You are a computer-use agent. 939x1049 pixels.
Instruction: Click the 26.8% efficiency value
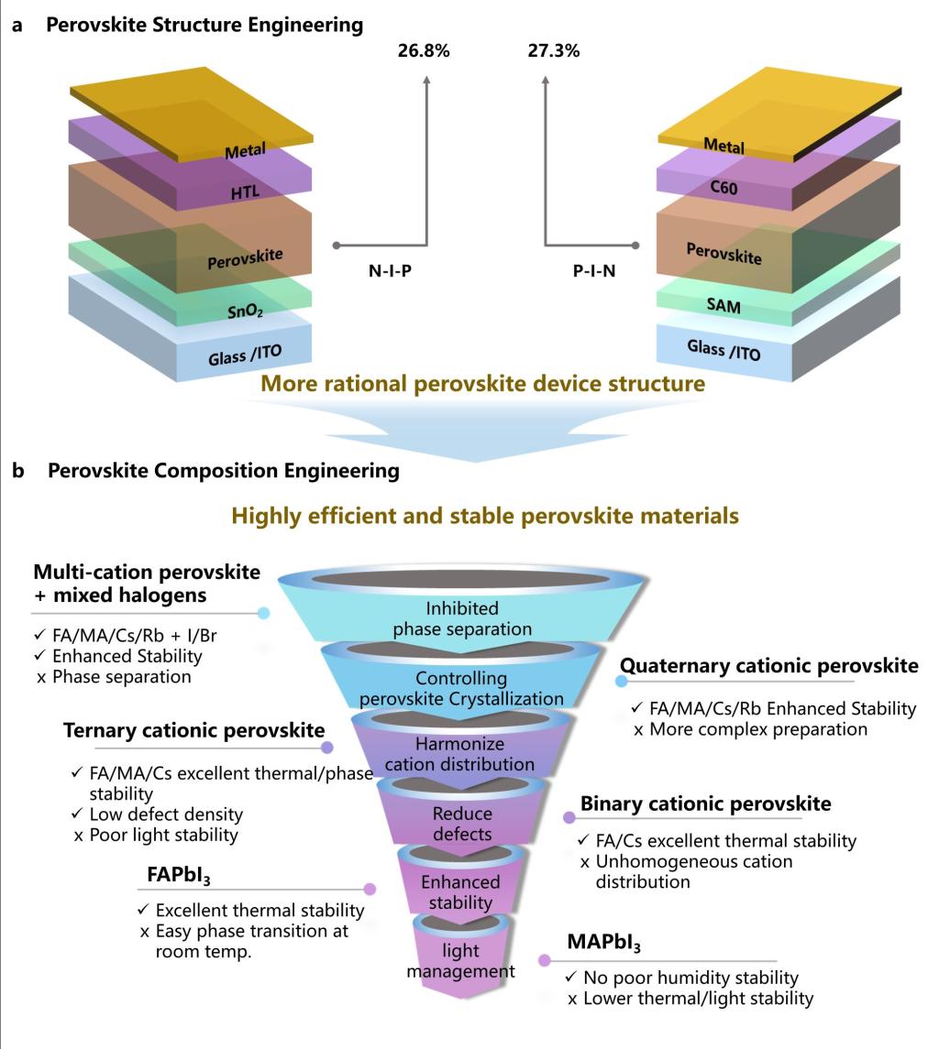point(423,51)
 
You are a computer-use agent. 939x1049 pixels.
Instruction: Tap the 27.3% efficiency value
point(553,51)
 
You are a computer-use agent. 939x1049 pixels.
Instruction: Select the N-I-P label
point(382,272)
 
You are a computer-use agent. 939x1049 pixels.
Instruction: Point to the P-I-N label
point(589,272)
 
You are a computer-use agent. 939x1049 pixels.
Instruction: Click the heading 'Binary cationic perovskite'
point(706,803)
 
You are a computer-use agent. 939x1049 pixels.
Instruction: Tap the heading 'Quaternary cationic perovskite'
point(768,666)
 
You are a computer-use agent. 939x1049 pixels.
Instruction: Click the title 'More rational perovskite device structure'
point(483,384)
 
